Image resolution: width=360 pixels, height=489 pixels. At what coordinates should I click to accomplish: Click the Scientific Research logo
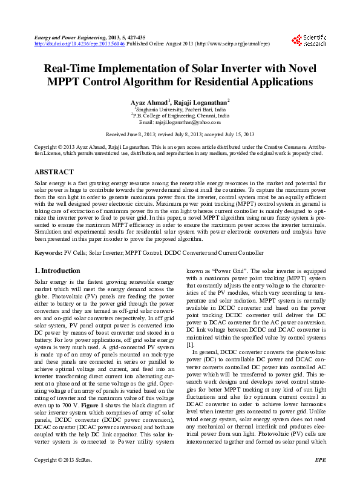tap(309, 41)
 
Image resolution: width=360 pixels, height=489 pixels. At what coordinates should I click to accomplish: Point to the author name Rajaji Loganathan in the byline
tap(200, 102)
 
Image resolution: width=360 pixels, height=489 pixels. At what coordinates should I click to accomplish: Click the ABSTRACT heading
tap(54, 172)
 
